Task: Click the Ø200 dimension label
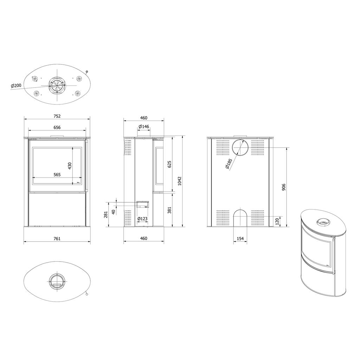tap(16, 85)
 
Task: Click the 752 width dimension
tap(57, 116)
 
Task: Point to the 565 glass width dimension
tap(57, 174)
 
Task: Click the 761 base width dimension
tap(57, 239)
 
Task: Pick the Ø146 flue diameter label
tap(143, 127)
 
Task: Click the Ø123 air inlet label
tap(142, 219)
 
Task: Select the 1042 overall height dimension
tap(180, 181)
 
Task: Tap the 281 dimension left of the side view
tap(105, 214)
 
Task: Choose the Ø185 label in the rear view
tap(229, 164)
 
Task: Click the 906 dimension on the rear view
tap(284, 187)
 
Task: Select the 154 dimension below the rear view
tap(240, 239)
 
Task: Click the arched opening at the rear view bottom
tap(240, 218)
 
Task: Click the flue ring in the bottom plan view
tap(56, 281)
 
